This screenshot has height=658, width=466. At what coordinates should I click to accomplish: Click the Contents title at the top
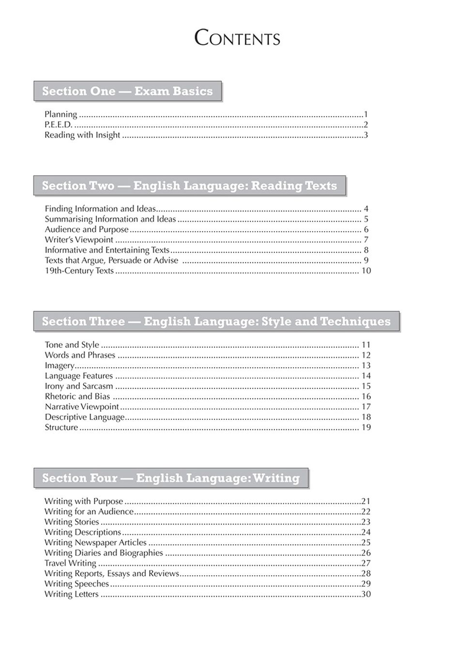pos(237,38)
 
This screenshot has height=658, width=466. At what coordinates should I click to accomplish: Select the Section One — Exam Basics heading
pos(127,91)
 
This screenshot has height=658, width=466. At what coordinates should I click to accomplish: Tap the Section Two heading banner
pos(189,186)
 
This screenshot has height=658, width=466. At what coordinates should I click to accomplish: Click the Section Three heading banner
pos(216,322)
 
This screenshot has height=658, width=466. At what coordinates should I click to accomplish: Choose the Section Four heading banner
pos(171,478)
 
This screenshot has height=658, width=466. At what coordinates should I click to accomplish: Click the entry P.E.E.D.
pos(58,125)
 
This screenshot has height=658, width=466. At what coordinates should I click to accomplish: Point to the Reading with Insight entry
pos(82,135)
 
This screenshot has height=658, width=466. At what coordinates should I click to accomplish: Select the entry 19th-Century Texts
pos(79,271)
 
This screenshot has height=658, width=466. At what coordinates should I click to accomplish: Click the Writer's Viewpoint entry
pos(79,240)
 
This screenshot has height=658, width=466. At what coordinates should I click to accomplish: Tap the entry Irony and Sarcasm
pos(79,386)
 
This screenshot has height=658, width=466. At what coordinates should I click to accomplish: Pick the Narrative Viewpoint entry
pos(82,407)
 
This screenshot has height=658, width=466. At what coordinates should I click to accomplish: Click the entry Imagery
pos(60,366)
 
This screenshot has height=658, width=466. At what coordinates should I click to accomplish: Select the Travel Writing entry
pos(70,563)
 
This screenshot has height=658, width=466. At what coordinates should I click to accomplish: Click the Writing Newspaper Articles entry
pos(95,543)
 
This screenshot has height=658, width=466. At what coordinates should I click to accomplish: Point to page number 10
pos(366,271)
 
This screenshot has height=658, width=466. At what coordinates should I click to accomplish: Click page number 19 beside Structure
pos(366,428)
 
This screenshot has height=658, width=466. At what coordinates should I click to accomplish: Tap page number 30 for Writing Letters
pos(366,594)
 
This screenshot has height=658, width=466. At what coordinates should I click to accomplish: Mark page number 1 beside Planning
pos(366,115)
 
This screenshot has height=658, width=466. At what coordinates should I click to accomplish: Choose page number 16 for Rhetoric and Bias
pos(366,397)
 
